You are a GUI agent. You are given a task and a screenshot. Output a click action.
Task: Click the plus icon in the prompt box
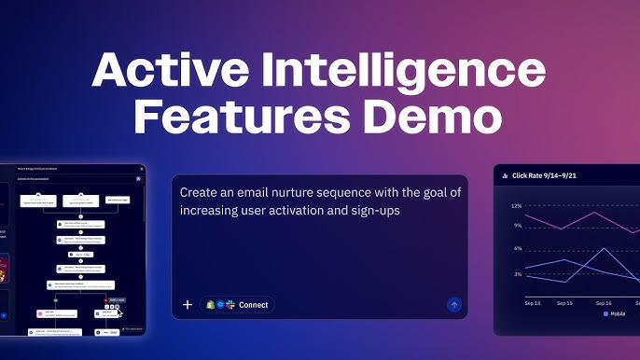click(x=188, y=305)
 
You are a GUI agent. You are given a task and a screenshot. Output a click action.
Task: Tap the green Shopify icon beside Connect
click(x=209, y=305)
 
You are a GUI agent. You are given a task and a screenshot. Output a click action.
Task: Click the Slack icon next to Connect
click(x=230, y=305)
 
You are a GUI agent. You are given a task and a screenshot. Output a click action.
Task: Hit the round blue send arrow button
click(x=454, y=304)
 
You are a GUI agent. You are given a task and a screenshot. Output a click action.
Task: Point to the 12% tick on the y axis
click(x=516, y=205)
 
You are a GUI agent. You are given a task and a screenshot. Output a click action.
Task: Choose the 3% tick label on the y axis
click(x=517, y=274)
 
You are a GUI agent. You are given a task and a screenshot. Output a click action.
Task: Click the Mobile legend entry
click(x=616, y=314)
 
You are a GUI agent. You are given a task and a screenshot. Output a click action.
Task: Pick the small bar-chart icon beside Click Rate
click(x=505, y=174)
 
